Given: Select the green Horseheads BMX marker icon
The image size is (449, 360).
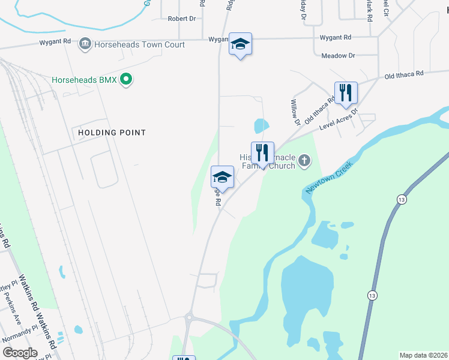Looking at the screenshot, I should coord(126,79).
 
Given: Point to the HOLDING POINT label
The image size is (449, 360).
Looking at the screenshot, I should coord(108,132).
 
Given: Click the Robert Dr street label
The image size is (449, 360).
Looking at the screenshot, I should coord(182,19).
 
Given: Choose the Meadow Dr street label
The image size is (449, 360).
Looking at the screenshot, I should coord(339,55).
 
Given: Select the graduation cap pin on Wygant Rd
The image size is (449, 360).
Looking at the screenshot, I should coord(240,44).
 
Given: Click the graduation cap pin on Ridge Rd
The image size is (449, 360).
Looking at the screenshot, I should coord(222,176).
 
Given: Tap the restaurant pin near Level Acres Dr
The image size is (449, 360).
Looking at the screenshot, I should coord(346,92).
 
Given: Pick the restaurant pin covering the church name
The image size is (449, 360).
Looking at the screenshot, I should coord(262,152).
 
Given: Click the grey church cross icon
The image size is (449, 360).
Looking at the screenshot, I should coord(305,160).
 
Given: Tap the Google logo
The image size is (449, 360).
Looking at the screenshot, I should coord(20,353).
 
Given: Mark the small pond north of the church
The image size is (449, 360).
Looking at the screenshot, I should coord(262,126).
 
